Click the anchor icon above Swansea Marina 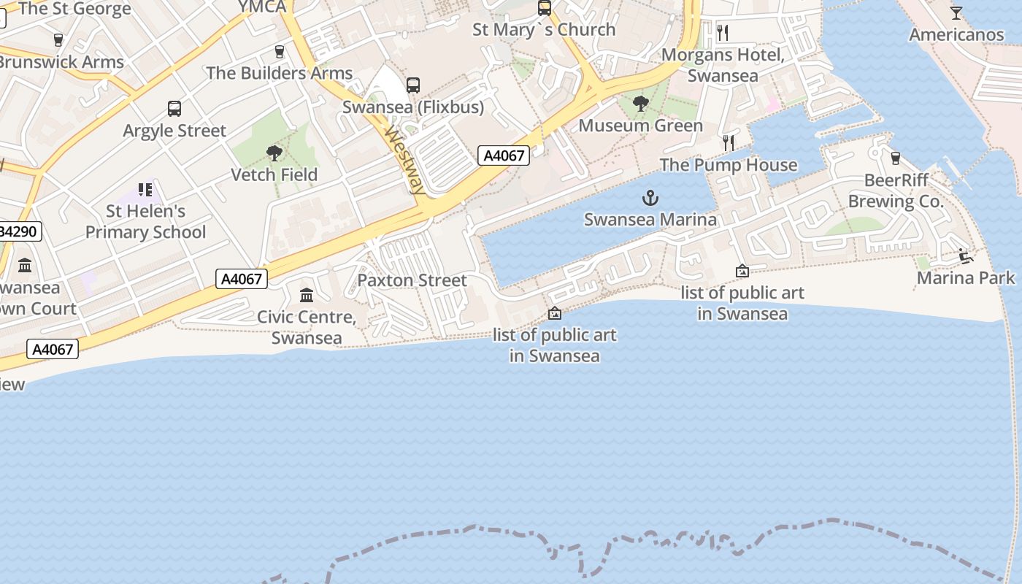tap(650, 198)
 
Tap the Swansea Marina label tap(650, 219)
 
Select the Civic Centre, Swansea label tap(307, 328)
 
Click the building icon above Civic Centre tap(307, 296)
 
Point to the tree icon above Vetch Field tap(274, 153)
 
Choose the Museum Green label tap(640, 126)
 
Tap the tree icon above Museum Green tap(640, 104)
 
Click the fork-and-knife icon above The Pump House tap(728, 143)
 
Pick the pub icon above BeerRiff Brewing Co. tap(896, 158)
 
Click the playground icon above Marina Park tap(966, 255)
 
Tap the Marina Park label tap(966, 277)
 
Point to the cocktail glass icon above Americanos tap(956, 13)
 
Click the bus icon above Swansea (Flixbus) tap(413, 85)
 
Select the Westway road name tap(404, 160)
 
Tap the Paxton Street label tap(412, 280)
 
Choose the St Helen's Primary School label tap(146, 221)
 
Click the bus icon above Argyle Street tap(174, 109)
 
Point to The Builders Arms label tap(279, 73)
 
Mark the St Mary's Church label tap(544, 30)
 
